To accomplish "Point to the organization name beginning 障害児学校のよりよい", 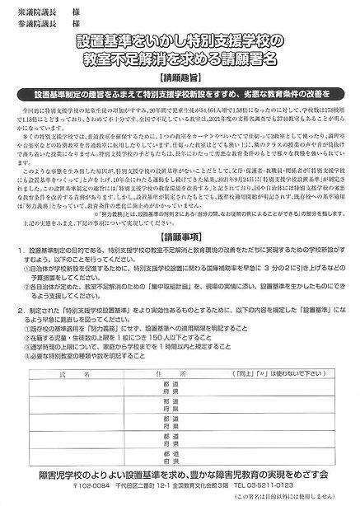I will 180,475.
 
